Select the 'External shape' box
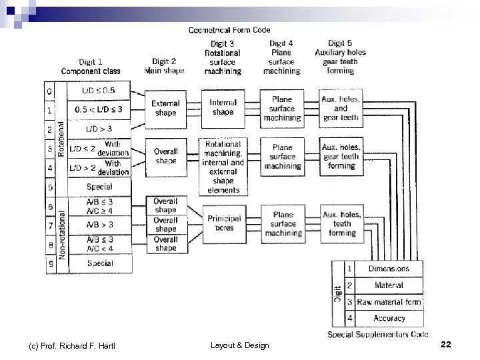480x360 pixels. click(165, 108)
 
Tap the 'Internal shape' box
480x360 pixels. click(223, 107)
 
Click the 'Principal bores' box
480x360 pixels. click(223, 223)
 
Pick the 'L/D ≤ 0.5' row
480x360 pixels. click(98, 90)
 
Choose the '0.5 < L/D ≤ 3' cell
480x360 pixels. click(98, 109)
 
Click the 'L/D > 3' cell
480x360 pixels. click(98, 128)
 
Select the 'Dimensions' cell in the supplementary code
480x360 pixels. click(389, 269)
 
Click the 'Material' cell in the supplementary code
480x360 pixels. click(389, 285)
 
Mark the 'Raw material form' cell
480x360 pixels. click(389, 302)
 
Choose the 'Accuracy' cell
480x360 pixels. click(389, 319)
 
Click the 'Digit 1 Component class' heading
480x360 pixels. click(91, 66)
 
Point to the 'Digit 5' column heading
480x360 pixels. click(341, 44)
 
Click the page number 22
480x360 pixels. click(446, 345)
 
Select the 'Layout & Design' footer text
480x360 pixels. click(239, 345)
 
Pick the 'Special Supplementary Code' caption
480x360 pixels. click(377, 334)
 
